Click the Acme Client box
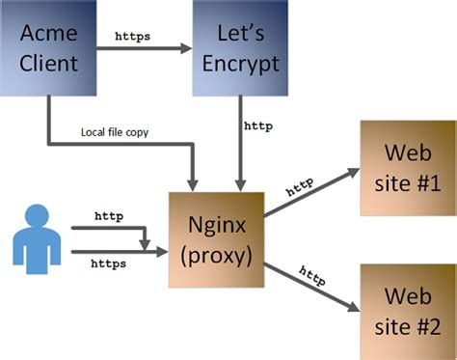coord(48,50)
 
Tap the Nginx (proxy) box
coord(216,238)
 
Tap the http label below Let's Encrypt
coord(256,125)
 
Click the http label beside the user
coord(108,217)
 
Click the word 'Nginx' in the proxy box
coord(216,224)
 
